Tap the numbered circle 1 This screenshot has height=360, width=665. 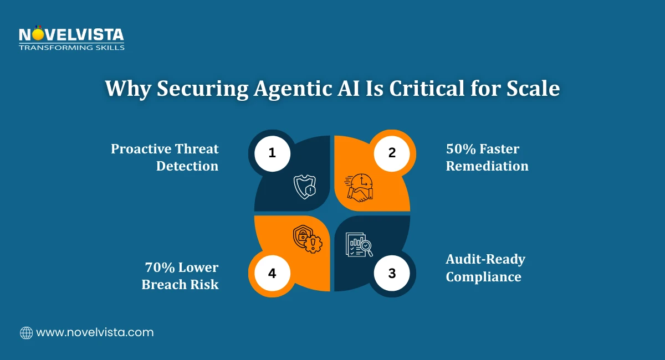(x=272, y=152)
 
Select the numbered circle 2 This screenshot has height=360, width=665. (x=392, y=152)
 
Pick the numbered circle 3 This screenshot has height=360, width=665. (x=392, y=272)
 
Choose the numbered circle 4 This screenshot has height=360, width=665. (x=272, y=272)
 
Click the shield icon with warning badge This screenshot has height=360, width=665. (x=304, y=187)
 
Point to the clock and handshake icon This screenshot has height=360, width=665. (x=360, y=187)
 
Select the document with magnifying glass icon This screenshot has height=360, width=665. (x=359, y=244)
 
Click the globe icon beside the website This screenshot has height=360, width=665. (x=26, y=333)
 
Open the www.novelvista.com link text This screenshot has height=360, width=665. (x=95, y=333)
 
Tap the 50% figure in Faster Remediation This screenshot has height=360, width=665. (x=461, y=149)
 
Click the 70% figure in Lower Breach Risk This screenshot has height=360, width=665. (x=160, y=268)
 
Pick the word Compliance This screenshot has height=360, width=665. (x=483, y=276)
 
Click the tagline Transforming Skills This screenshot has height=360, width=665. (x=71, y=48)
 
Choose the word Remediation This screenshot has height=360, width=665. (x=487, y=166)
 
